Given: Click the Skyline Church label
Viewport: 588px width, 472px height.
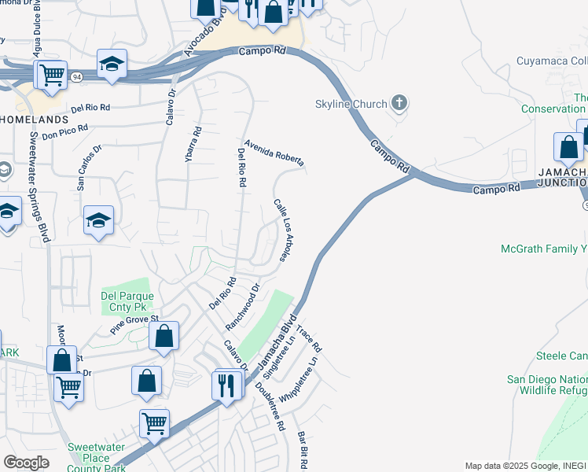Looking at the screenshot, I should click(351, 104).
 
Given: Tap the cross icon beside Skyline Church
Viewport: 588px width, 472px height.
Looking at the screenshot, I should click(399, 102).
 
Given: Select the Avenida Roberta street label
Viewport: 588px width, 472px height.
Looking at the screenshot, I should click(274, 153).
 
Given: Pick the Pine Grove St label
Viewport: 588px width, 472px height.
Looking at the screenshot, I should click(134, 325).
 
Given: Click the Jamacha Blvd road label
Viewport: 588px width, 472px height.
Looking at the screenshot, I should click(270, 348).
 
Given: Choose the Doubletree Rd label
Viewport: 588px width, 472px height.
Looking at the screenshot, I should click(270, 405).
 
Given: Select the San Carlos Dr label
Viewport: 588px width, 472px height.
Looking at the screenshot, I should click(90, 168).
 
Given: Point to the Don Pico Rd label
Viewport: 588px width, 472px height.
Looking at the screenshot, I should click(65, 131).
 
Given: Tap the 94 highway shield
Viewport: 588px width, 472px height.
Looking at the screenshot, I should click(76, 77).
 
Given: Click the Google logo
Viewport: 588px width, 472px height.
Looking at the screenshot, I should click(26, 462).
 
